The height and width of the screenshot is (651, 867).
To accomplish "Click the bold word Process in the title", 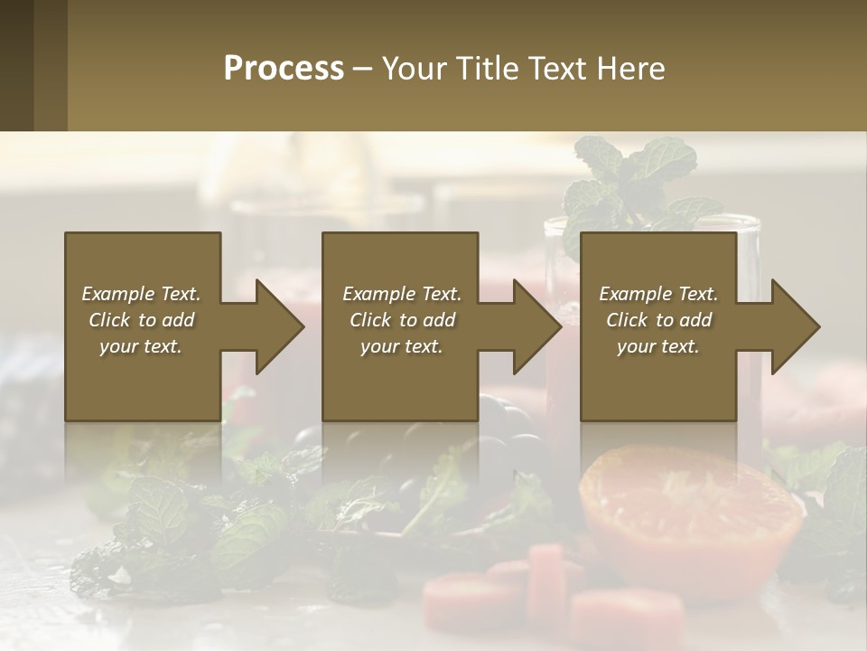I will [284, 69].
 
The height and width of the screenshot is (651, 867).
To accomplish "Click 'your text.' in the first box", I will [141, 346].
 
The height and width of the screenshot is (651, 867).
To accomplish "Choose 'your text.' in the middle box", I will [402, 346].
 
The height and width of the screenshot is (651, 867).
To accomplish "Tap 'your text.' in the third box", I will [658, 346].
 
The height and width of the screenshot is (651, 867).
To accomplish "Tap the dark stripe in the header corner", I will [16, 66].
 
